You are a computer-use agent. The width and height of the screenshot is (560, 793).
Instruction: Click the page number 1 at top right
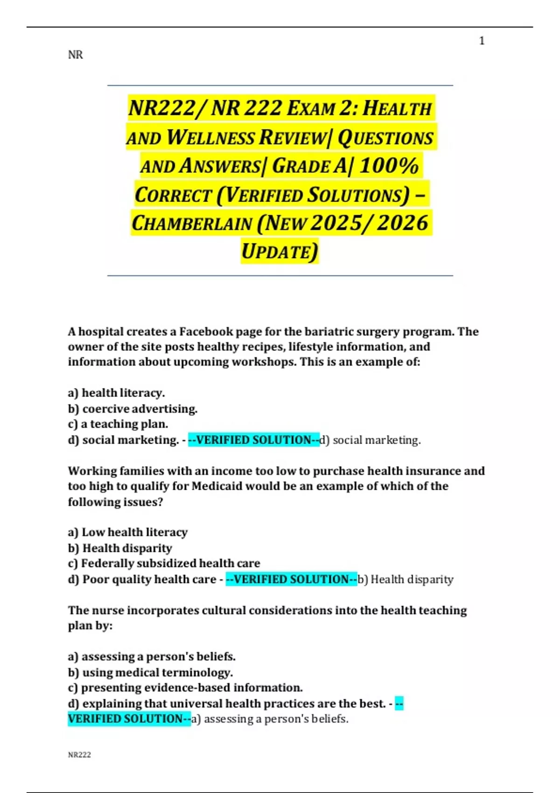pyautogui.click(x=482, y=41)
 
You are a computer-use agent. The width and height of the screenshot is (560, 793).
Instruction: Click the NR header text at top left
pyautogui.click(x=75, y=55)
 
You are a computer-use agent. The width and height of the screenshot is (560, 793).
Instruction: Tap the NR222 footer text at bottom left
pyautogui.click(x=79, y=755)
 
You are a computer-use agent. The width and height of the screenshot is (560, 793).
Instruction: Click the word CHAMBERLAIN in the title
pyautogui.click(x=192, y=223)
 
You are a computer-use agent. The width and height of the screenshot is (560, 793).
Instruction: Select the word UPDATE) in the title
pyautogui.click(x=280, y=251)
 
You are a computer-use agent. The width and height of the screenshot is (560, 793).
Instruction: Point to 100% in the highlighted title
pyautogui.click(x=389, y=166)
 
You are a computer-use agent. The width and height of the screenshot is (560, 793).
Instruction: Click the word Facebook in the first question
pyautogui.click(x=206, y=332)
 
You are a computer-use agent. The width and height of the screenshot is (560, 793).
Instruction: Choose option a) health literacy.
pyautogui.click(x=116, y=393)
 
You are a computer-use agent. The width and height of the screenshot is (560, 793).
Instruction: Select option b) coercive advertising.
pyautogui.click(x=133, y=409)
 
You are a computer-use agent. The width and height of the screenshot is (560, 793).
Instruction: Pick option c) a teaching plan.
pyautogui.click(x=118, y=424)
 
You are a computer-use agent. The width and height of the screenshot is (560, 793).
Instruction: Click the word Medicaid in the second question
pyautogui.click(x=217, y=486)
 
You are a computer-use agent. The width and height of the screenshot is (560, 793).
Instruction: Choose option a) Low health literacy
pyautogui.click(x=127, y=532)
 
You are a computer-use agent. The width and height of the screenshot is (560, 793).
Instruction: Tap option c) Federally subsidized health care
pyautogui.click(x=164, y=563)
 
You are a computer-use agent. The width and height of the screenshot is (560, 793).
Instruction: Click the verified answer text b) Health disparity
pyautogui.click(x=405, y=579)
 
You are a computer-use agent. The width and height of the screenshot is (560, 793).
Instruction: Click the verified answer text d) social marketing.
pyautogui.click(x=370, y=440)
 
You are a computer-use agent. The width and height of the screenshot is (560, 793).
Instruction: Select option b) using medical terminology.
pyautogui.click(x=150, y=673)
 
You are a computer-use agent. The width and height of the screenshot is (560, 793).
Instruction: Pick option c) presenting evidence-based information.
pyautogui.click(x=185, y=688)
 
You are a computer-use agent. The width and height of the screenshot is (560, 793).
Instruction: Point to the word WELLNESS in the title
pyautogui.click(x=210, y=138)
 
